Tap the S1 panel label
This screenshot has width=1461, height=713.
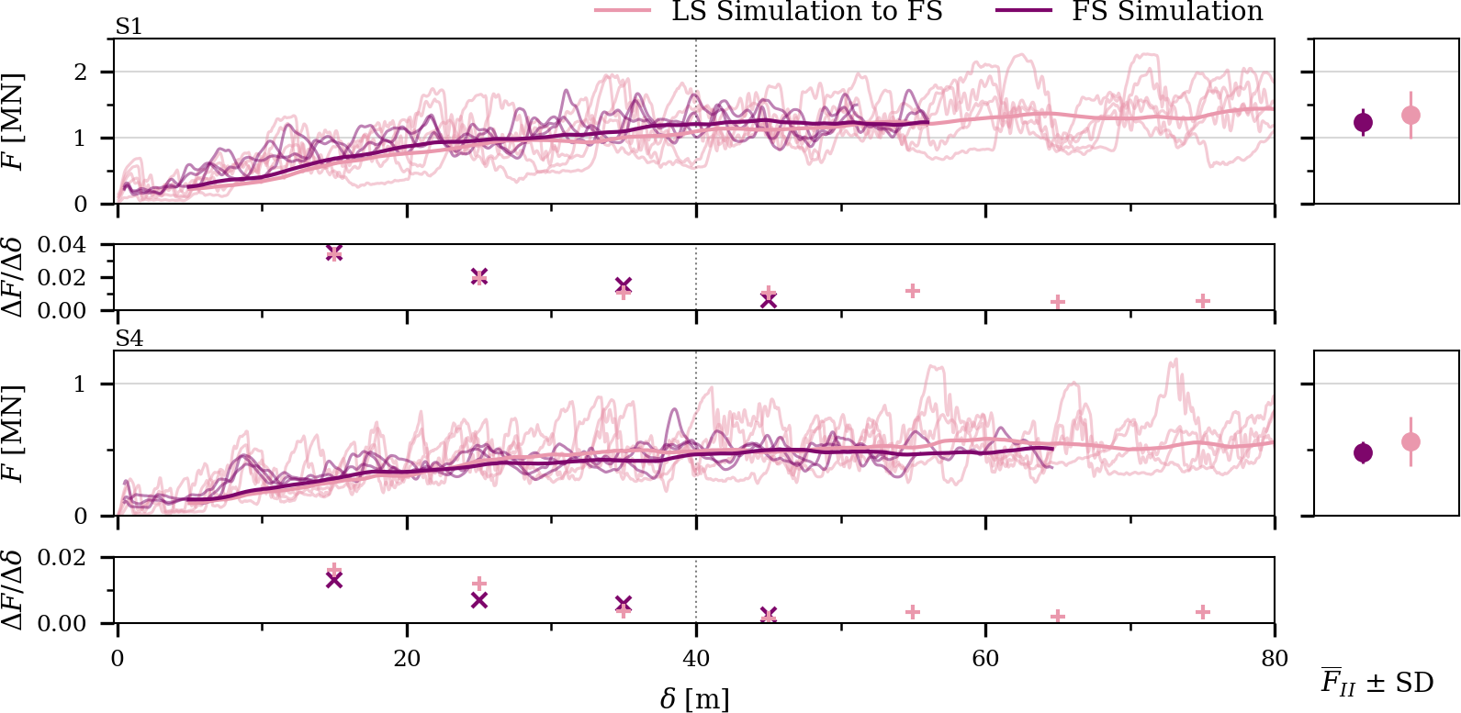click(x=129, y=28)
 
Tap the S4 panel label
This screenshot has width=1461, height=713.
click(x=129, y=340)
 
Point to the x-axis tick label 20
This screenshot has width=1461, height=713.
click(x=407, y=658)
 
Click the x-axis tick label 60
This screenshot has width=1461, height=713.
click(x=985, y=658)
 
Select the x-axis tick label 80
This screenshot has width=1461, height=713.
click(x=1275, y=658)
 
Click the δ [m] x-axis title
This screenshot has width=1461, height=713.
click(x=695, y=699)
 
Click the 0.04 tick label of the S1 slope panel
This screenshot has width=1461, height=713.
click(x=62, y=245)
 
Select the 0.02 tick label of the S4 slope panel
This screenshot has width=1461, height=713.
click(x=62, y=558)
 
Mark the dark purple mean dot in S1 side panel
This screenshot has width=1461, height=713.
click(x=1364, y=122)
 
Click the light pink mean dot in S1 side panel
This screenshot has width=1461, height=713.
click(x=1411, y=116)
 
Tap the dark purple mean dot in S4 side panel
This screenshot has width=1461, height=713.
click(x=1364, y=452)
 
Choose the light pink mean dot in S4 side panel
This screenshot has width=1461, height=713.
click(x=1411, y=442)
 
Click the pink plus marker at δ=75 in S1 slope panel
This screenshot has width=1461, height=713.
click(x=1203, y=302)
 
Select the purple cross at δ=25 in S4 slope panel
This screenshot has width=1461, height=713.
click(x=478, y=600)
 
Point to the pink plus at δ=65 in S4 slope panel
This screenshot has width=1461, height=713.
click(x=1058, y=617)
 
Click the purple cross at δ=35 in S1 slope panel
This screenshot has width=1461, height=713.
click(x=624, y=285)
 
